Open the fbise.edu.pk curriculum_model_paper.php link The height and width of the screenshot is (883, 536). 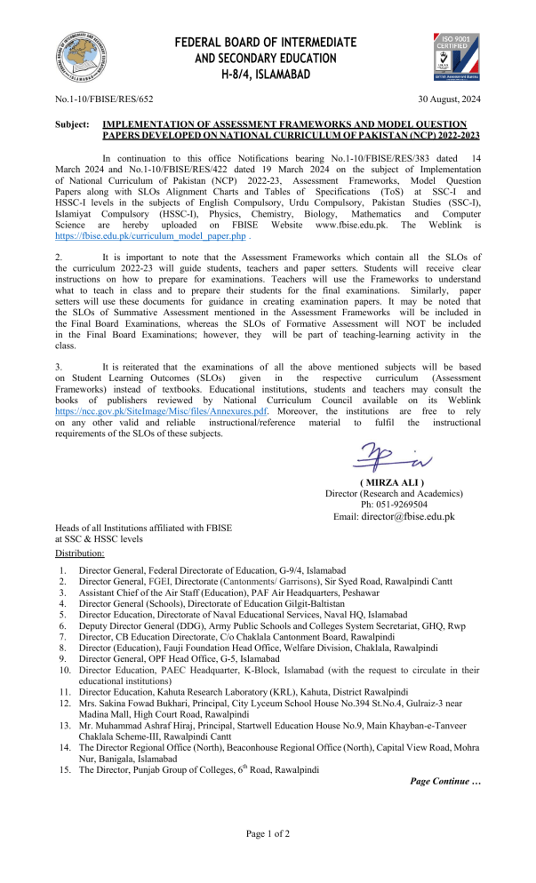pos(150,238)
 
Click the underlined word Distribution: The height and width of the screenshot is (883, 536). pos(80,553)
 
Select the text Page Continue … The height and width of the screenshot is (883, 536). pos(444,781)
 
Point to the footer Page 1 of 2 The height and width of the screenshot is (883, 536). pos(268,833)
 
